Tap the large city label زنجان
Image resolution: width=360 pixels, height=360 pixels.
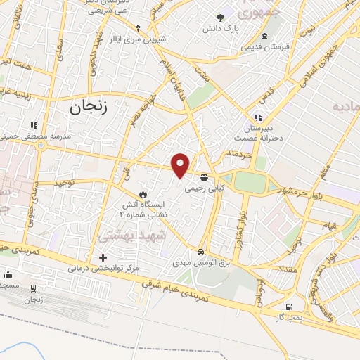pyautogui.click(x=91, y=107)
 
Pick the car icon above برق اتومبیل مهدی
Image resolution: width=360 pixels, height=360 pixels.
pyautogui.click(x=201, y=252)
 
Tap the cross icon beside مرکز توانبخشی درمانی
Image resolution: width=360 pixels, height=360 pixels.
pyautogui.click(x=103, y=258)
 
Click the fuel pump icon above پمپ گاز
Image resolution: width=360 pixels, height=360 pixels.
pyautogui.click(x=289, y=307)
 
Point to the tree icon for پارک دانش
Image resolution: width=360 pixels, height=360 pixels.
pyautogui.click(x=221, y=18)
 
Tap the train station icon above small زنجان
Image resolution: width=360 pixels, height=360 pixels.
pyautogui.click(x=34, y=288)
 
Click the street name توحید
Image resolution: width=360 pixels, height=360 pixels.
pyautogui.click(x=65, y=182)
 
